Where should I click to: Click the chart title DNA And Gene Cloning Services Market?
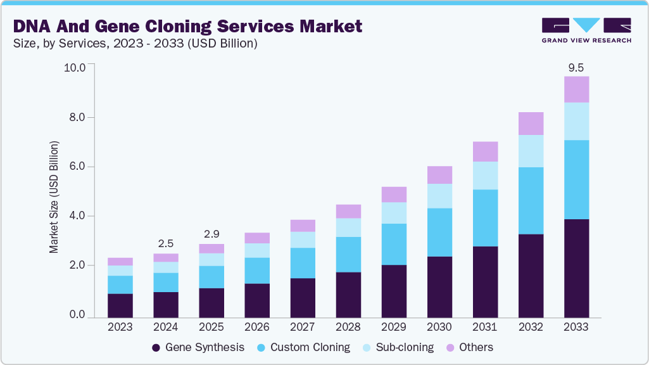[187, 27]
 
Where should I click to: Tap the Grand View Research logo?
[586, 30]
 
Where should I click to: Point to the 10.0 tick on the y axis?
[79, 68]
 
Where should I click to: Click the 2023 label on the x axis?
[120, 328]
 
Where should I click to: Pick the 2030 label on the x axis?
[439, 328]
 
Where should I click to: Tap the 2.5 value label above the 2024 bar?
[165, 243]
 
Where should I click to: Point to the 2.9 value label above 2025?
[211, 234]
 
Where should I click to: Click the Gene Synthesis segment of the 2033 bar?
[576, 267]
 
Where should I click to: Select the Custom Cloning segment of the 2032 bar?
[531, 200]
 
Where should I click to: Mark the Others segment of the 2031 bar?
[485, 151]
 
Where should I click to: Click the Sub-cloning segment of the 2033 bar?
[576, 121]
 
